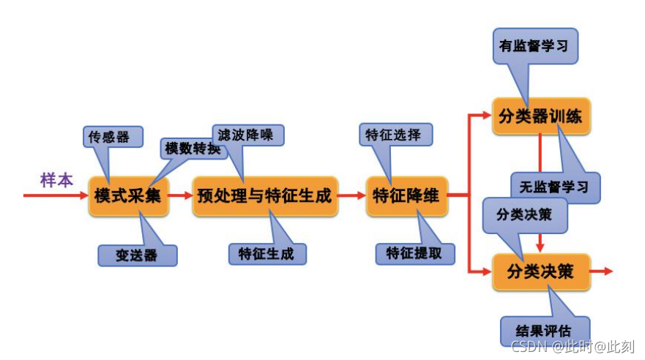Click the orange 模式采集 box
(x=129, y=196)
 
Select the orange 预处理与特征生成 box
(x=265, y=196)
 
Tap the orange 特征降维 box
(x=406, y=196)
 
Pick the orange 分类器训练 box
(x=541, y=116)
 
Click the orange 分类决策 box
(x=541, y=272)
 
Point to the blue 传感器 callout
(x=110, y=137)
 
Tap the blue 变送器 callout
(x=138, y=255)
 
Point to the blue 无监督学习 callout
(x=555, y=187)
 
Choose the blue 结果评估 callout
(x=545, y=329)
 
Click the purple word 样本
(x=57, y=180)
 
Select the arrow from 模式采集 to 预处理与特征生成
(x=181, y=196)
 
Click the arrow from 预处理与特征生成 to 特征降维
(x=352, y=196)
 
